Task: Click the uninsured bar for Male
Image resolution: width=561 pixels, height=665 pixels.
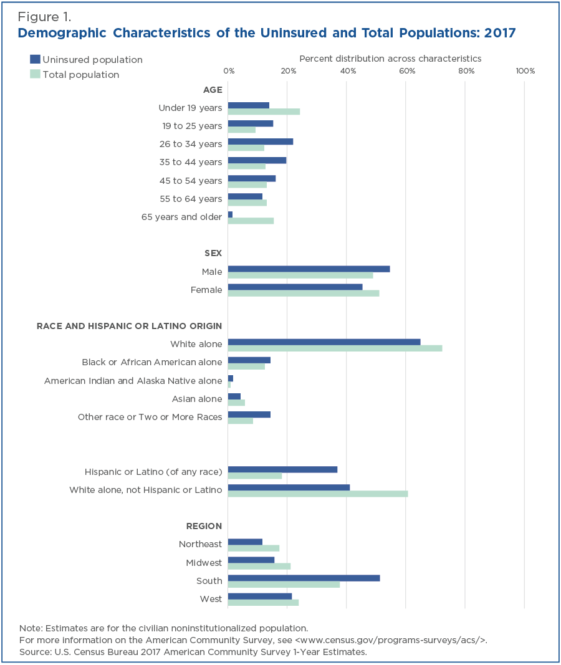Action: pyautogui.click(x=309, y=269)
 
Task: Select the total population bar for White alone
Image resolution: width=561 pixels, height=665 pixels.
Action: pyautogui.click(x=335, y=348)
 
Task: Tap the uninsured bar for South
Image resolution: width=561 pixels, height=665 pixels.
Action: pyautogui.click(x=304, y=578)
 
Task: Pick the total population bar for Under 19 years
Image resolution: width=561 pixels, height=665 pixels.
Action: pyautogui.click(x=264, y=112)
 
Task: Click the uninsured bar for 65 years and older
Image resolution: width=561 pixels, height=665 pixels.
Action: pyautogui.click(x=230, y=214)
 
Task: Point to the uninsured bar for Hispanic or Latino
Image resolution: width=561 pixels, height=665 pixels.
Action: pyautogui.click(x=283, y=469)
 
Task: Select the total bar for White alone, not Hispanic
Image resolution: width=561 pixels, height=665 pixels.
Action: pyautogui.click(x=318, y=494)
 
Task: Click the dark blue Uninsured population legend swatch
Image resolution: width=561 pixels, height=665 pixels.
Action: pyautogui.click(x=35, y=59)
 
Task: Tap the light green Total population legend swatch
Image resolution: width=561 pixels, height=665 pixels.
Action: pyautogui.click(x=35, y=74)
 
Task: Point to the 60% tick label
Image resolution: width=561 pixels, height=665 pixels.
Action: pyautogui.click(x=406, y=71)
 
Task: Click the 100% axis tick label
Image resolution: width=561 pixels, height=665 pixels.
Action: pyautogui.click(x=525, y=71)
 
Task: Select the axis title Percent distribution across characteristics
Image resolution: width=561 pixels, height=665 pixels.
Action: pyautogui.click(x=390, y=59)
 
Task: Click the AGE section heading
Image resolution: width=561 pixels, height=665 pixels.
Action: pyautogui.click(x=213, y=90)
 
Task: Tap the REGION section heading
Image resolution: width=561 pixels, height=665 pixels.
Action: pyautogui.click(x=204, y=526)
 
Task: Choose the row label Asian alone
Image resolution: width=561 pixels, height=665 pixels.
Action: pyautogui.click(x=197, y=399)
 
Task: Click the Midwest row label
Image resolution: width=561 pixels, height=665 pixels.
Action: pyautogui.click(x=204, y=562)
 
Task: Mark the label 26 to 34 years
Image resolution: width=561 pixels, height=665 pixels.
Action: pyautogui.click(x=191, y=144)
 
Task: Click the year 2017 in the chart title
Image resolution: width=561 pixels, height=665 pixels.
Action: pyautogui.click(x=500, y=33)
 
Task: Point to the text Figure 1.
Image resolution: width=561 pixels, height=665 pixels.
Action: pyautogui.click(x=44, y=17)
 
